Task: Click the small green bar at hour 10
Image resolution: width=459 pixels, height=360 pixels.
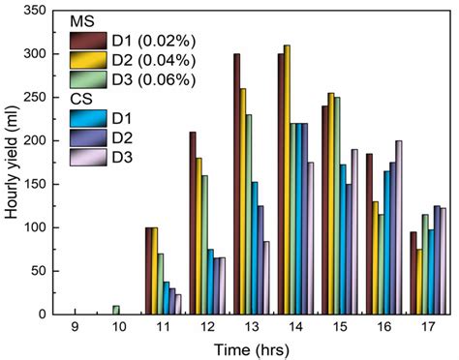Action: (116, 310)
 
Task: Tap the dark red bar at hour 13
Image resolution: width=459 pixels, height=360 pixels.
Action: (236, 184)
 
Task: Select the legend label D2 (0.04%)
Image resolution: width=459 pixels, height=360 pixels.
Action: (146, 60)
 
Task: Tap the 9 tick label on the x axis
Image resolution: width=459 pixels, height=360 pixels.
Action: (73, 327)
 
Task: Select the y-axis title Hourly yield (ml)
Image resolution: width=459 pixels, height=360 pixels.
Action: (12, 162)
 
